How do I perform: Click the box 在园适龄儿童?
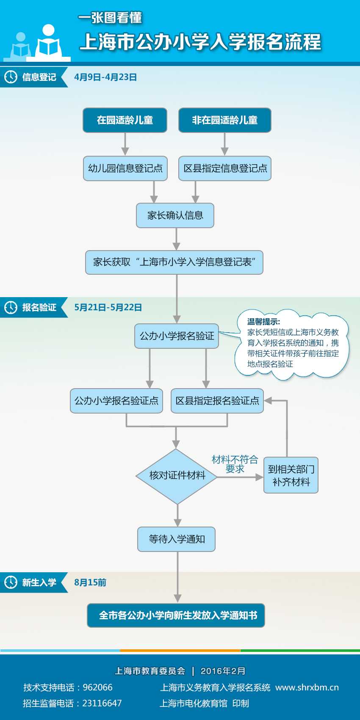pyautogui.click(x=125, y=120)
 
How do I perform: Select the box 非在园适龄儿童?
pyautogui.click(x=224, y=120)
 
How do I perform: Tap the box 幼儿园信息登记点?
pyautogui.click(x=125, y=168)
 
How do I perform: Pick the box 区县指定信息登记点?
pyautogui.click(x=224, y=168)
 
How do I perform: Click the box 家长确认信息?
pyautogui.click(x=175, y=215)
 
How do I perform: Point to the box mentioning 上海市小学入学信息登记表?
pyautogui.click(x=174, y=262)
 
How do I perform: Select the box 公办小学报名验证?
pyautogui.click(x=177, y=336)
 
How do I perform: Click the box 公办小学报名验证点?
pyautogui.click(x=116, y=401)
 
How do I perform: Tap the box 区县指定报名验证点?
pyautogui.click(x=217, y=401)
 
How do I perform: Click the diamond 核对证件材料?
pyautogui.click(x=177, y=476)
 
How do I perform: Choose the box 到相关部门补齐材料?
pyautogui.click(x=291, y=475)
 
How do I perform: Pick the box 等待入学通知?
pyautogui.click(x=177, y=539)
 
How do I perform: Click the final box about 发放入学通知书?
pyautogui.click(x=176, y=615)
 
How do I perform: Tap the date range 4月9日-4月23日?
pyautogui.click(x=105, y=77)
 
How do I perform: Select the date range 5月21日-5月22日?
pyautogui.click(x=108, y=307)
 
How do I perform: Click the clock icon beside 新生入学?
pyautogui.click(x=11, y=582)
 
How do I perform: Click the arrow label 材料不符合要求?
pyautogui.click(x=235, y=464)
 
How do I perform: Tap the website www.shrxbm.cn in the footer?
pyautogui.click(x=307, y=687)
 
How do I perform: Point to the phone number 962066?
pyautogui.click(x=98, y=687)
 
